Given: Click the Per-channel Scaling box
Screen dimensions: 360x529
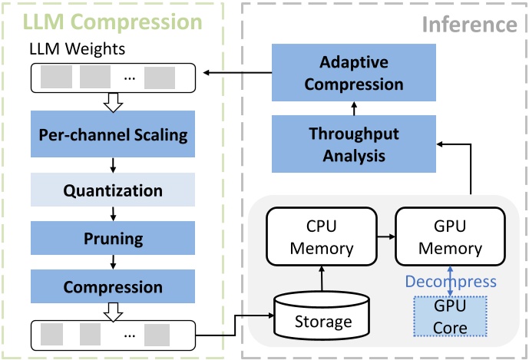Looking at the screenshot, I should tap(113, 135).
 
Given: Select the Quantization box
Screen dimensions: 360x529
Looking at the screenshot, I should tap(113, 190).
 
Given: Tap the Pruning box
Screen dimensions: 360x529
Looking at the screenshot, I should tap(113, 239).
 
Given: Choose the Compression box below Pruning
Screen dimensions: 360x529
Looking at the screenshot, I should tap(113, 288).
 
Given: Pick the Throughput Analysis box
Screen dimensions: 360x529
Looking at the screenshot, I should tap(354, 144).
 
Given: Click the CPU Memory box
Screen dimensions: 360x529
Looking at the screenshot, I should tap(321, 237).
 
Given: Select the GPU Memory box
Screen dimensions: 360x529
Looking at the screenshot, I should tap(449, 237).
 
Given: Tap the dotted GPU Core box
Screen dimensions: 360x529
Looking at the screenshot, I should tap(451, 315).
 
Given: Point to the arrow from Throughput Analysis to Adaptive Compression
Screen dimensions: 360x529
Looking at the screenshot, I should tap(354, 107).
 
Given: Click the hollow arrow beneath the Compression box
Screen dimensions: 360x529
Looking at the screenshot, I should tap(113, 310).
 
